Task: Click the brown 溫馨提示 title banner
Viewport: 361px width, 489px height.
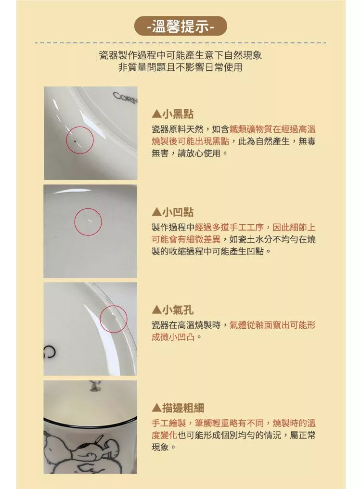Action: [x=180, y=26]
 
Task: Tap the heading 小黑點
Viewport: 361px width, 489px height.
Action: [x=178, y=114]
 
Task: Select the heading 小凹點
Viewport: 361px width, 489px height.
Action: [x=178, y=212]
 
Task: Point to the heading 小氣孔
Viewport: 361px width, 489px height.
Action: [x=178, y=310]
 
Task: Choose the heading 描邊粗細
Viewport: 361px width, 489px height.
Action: [x=183, y=408]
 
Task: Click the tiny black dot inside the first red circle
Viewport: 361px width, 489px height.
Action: [x=75, y=142]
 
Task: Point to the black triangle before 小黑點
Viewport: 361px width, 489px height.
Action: [x=156, y=114]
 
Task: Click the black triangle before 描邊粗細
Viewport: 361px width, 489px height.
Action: [x=156, y=408]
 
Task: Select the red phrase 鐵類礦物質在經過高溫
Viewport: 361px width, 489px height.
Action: [x=272, y=129]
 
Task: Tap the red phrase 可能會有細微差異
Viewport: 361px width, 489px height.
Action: [x=186, y=240]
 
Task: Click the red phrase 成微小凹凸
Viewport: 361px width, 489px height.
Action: [x=173, y=337]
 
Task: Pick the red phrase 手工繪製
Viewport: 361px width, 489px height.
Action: [x=169, y=423]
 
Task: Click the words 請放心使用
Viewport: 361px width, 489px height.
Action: [x=199, y=153]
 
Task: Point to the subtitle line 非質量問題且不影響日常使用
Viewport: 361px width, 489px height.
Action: [x=180, y=67]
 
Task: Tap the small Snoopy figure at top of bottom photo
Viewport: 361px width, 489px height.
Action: [x=92, y=386]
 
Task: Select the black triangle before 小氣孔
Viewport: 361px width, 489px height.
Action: [x=156, y=310]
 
